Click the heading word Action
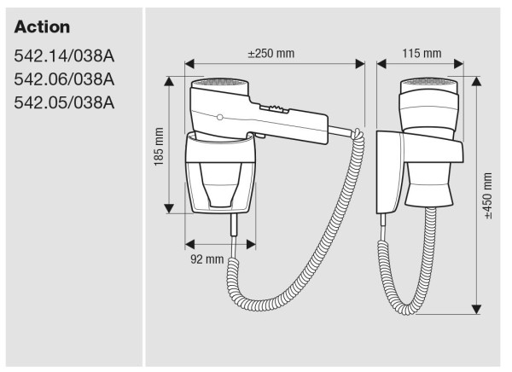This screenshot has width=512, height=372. coord(43,27)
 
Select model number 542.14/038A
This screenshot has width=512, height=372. coord(65,57)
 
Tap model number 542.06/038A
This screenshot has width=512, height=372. coord(65,79)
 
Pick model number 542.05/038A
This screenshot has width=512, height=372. coord(65,102)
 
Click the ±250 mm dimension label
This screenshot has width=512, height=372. coord(271,53)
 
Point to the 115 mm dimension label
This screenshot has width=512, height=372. coord(422,53)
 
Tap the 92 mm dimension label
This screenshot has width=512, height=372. coord(207,259)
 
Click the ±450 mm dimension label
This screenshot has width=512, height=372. coord(488,196)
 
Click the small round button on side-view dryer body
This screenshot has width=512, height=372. coord(220,116)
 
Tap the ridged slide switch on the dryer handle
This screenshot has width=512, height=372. coord(276,108)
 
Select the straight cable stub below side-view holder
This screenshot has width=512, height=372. coord(233,227)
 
